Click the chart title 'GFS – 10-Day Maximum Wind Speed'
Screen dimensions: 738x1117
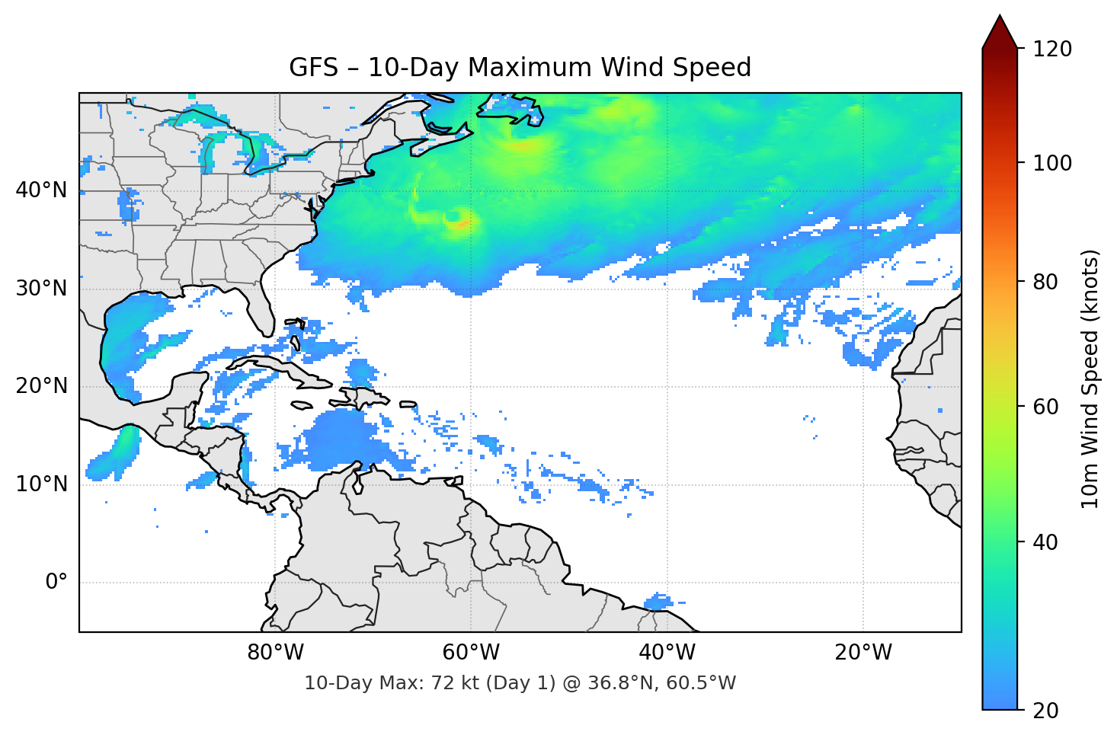[520, 68]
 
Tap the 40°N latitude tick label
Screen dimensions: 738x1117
[41, 190]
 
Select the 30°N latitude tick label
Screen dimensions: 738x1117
[41, 289]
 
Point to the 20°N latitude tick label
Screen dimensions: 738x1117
[41, 386]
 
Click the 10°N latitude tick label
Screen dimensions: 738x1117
[41, 484]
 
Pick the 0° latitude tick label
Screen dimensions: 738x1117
[56, 583]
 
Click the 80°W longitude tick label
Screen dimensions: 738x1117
[275, 653]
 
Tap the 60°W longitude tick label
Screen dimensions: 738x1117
[471, 653]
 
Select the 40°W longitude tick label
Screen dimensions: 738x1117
[667, 653]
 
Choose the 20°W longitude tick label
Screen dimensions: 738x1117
[863, 653]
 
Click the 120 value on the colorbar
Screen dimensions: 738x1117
[1051, 50]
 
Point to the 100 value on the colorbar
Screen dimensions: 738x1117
[1051, 163]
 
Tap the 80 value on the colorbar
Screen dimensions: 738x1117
[1046, 282]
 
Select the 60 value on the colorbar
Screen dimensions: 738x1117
[1046, 407]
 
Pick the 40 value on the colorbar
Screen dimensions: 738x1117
[1046, 542]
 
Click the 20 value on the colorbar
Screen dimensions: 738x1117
[1046, 711]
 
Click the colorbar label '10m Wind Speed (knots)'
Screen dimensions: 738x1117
[1090, 379]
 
